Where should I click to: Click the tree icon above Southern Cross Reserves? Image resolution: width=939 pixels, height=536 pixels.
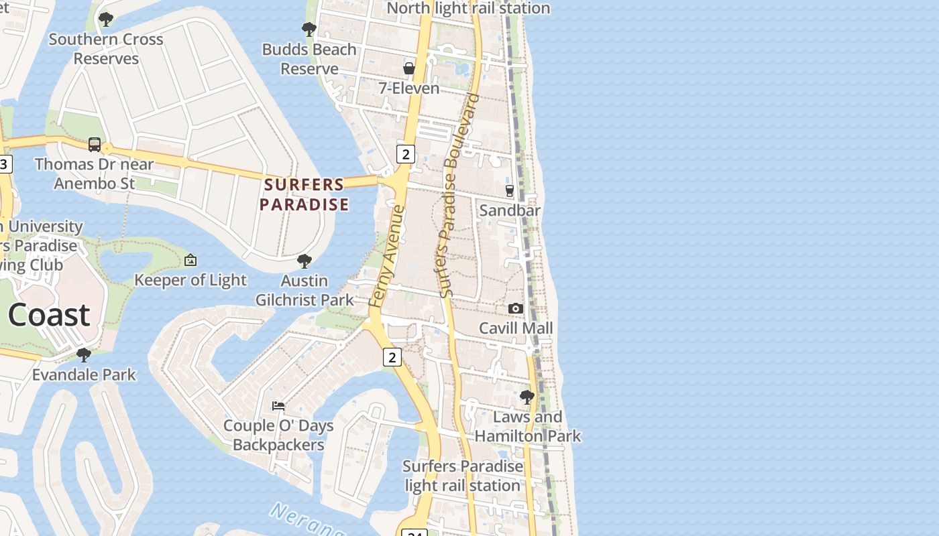point(105,19)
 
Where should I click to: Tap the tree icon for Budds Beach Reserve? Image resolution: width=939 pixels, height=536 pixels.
point(309,29)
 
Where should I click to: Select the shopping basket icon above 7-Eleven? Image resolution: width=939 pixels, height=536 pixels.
point(409,68)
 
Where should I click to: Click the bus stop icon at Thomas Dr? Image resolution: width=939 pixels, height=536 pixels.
point(95,145)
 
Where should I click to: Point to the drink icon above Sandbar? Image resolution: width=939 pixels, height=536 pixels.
point(510,191)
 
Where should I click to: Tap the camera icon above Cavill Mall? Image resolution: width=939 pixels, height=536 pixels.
point(516,308)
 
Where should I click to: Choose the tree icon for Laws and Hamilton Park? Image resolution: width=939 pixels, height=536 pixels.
point(527,397)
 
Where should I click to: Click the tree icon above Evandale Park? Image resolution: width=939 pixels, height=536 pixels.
point(84,355)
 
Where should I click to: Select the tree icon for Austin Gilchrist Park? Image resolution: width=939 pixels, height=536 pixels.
point(305,261)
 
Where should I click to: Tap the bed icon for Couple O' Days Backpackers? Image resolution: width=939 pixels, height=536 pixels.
point(278,406)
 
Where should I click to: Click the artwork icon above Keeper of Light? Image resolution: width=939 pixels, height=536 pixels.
point(190,260)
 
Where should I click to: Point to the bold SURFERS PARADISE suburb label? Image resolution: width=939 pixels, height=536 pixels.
point(305,194)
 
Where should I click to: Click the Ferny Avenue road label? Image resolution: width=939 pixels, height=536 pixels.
point(388,257)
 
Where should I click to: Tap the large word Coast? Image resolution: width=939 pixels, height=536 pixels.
point(49,315)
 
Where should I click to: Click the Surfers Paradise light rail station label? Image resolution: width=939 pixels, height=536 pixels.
point(463,476)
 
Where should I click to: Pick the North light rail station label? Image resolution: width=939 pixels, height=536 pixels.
point(468,8)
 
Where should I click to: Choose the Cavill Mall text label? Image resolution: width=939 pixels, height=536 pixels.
point(516,328)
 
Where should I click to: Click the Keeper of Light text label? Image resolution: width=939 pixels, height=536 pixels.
point(190,280)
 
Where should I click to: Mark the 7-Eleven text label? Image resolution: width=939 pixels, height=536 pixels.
point(409,88)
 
